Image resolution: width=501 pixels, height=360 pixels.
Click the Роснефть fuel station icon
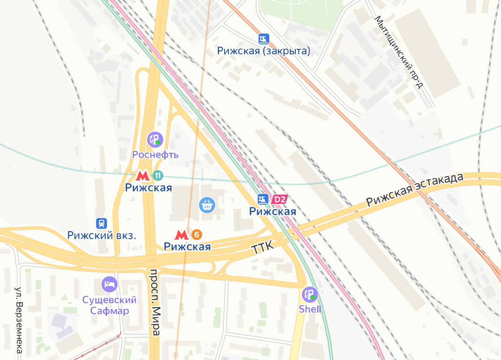pos(155,140)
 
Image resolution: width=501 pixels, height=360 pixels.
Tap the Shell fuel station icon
pos(310,294)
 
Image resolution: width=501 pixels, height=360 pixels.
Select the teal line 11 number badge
pos(157,176)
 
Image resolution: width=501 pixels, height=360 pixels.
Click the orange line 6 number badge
pos(196,234)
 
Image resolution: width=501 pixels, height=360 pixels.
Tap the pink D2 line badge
pos(279,199)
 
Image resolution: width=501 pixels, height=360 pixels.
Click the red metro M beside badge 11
pos(143,176)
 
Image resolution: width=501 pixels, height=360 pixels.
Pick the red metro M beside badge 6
pos(181,235)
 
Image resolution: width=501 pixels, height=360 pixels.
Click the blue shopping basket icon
pos(207,205)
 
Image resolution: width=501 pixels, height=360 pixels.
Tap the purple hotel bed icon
pos(110,284)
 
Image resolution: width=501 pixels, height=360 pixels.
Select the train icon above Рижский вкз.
pos(102,223)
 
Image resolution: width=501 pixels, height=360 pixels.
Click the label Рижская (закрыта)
pos(263,51)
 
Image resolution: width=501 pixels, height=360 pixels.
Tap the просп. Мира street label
pos(155,302)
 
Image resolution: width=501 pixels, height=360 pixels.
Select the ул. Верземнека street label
pos(19,321)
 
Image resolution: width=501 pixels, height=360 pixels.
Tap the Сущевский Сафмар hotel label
pos(110,305)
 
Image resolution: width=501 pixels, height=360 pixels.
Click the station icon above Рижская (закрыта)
pos(264,39)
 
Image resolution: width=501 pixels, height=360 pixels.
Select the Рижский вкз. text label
pos(102,235)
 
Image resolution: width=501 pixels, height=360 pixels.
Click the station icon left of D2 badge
pos(263,199)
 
